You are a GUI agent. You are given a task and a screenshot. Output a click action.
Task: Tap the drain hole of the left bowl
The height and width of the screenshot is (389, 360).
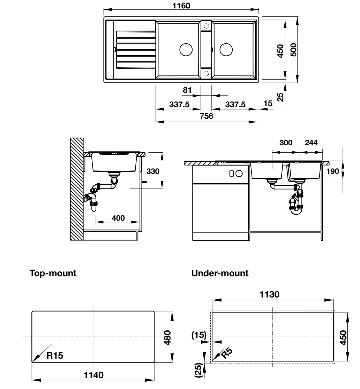tap(186, 50)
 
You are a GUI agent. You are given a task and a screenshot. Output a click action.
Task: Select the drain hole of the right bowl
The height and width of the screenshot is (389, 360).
tap(226, 50)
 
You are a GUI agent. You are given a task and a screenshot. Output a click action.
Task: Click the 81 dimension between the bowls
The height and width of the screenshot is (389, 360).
tap(188, 90)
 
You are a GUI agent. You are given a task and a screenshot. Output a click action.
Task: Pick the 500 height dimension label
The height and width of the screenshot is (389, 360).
tap(293, 50)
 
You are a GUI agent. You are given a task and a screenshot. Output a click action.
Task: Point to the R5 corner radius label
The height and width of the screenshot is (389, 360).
tap(227, 354)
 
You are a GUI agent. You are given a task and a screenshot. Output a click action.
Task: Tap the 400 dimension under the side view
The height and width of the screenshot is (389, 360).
tap(118, 218)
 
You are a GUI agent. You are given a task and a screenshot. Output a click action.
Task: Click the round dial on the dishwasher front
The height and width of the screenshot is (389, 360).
tap(239, 173)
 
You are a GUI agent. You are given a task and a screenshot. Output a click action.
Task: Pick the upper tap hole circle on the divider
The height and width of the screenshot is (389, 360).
tap(206, 26)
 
